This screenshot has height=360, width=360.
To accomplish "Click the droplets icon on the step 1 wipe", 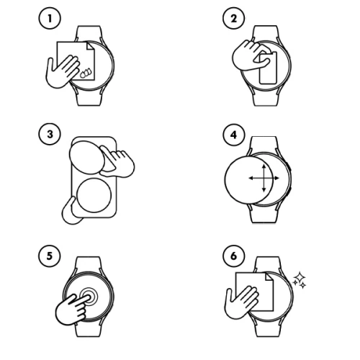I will click(x=84, y=72).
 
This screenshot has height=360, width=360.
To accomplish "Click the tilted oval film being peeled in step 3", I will click(x=90, y=158).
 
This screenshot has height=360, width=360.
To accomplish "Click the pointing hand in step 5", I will click(x=72, y=310).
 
